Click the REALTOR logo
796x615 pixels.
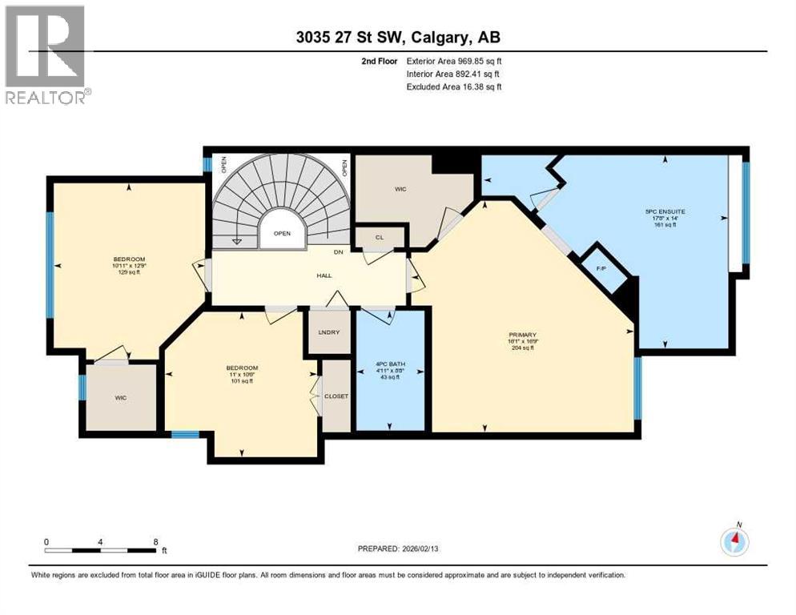pos(47,54)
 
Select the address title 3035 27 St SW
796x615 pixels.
pos(398,38)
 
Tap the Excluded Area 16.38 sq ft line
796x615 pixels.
pos(454,86)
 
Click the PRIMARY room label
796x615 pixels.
pos(521,335)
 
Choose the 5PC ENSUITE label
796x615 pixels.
pos(665,212)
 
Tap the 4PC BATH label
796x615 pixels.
pos(389,368)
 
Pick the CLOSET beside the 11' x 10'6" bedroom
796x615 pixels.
pos(335,396)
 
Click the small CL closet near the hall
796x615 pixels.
pos(380,237)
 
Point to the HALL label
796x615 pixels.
pos(324,275)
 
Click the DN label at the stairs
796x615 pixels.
pos(340,251)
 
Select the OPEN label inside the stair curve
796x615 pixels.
pos(282,234)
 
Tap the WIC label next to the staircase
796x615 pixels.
pos(400,190)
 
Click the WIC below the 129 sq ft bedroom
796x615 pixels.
pos(121,397)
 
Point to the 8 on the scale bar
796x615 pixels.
pos(155,542)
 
